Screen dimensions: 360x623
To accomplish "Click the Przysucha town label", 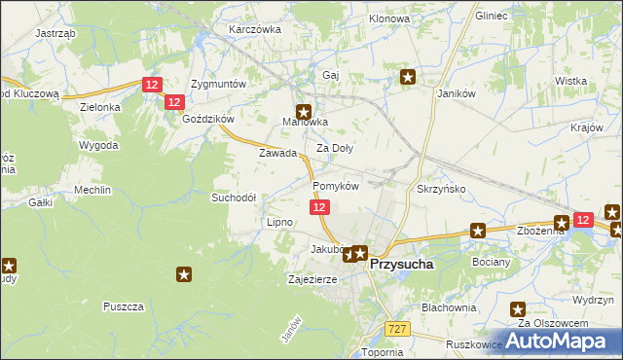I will [x=401, y=263].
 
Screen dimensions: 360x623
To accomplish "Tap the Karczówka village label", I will [x=254, y=29].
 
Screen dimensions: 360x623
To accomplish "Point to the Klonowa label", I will [x=388, y=18].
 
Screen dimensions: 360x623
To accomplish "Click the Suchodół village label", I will [x=234, y=197].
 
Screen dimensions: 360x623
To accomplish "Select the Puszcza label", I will [x=123, y=306].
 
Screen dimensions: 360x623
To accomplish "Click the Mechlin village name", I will [x=92, y=190].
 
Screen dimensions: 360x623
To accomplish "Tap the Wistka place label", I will [x=569, y=81].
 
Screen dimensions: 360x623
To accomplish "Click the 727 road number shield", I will [x=395, y=330].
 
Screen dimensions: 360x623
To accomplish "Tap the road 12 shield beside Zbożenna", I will [x=582, y=221].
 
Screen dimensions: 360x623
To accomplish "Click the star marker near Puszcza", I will [x=184, y=275].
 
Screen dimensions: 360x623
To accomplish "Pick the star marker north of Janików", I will [x=409, y=77].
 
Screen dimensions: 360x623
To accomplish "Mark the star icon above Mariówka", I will [x=304, y=111].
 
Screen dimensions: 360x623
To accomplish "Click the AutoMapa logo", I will [x=566, y=340].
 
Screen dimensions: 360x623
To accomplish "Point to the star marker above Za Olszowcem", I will [x=519, y=309].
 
